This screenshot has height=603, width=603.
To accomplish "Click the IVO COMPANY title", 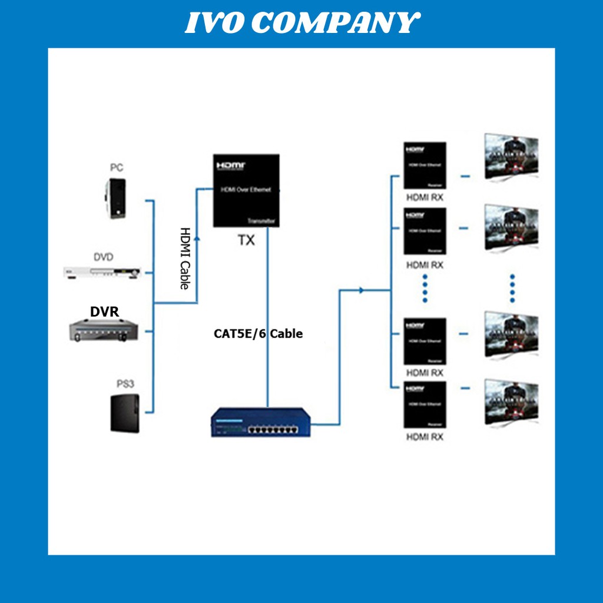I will (301, 24).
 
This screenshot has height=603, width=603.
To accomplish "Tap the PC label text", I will (117, 168).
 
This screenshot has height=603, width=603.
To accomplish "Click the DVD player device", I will (103, 271).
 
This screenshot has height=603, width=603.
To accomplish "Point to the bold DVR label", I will (105, 312).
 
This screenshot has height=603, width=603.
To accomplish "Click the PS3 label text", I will (125, 384).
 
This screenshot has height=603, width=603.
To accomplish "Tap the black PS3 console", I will (125, 413).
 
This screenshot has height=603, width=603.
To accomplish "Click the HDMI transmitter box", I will (246, 190).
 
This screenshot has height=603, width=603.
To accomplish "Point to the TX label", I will (246, 240).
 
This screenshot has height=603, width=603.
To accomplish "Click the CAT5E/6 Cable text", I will (258, 334).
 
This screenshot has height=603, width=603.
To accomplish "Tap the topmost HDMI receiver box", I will (425, 165).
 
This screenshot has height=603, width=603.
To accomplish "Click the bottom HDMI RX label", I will (425, 437).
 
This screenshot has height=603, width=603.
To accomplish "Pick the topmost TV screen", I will (511, 156).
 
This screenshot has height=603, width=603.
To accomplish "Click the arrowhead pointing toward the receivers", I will (361, 290).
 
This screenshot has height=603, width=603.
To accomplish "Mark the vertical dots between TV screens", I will (512, 288).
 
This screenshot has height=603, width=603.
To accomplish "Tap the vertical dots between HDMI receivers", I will (425, 288).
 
